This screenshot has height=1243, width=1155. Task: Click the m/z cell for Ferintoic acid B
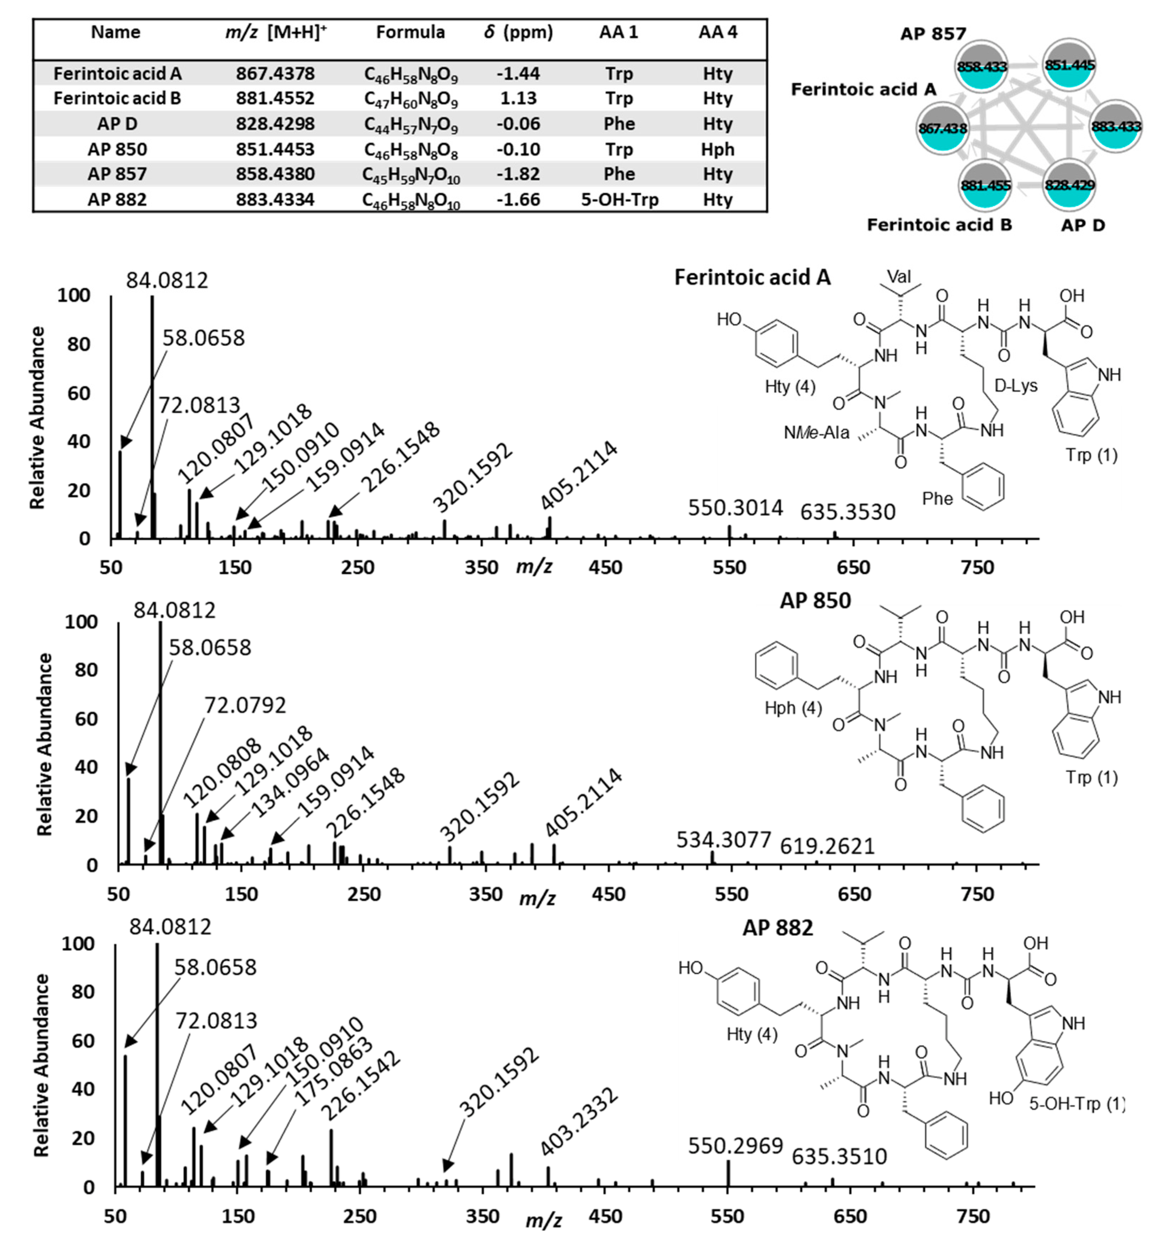pyautogui.click(x=275, y=99)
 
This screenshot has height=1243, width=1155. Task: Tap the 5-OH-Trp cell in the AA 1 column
pyautogui.click(x=619, y=200)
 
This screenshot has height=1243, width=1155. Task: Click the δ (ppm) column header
pyautogui.click(x=518, y=32)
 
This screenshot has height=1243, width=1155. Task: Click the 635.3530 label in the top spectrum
pyautogui.click(x=847, y=512)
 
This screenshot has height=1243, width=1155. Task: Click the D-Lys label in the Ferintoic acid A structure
pyautogui.click(x=1016, y=386)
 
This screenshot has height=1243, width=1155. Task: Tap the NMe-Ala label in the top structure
pyautogui.click(x=816, y=433)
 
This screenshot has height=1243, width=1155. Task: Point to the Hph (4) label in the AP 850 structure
pyautogui.click(x=793, y=708)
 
